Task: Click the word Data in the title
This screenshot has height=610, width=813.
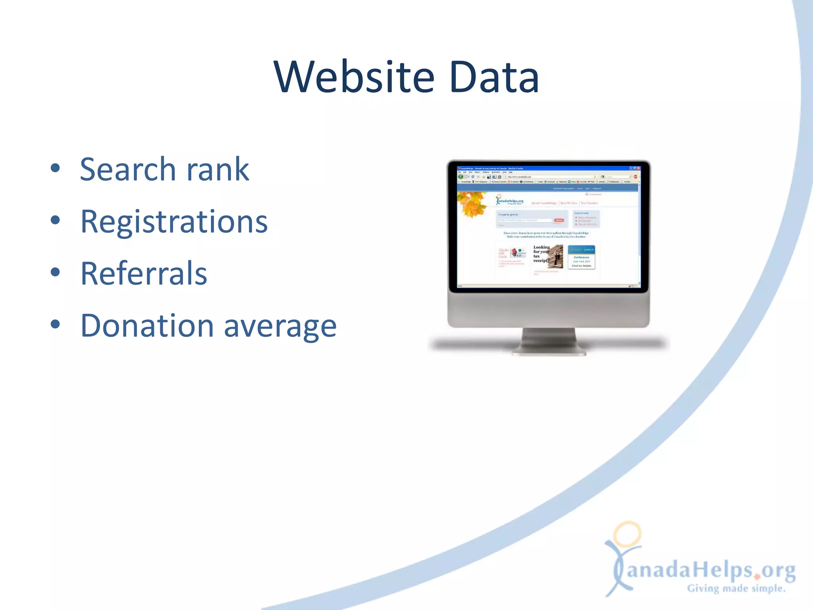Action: pos(494,77)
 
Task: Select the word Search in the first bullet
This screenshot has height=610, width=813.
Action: pos(127,170)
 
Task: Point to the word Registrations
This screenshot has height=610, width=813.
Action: pos(174,222)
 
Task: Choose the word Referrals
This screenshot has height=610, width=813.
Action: pos(144,274)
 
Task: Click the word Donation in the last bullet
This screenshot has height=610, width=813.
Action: pos(147,326)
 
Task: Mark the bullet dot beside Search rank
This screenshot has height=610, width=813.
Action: pos(56,168)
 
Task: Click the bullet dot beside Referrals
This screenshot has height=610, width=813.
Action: pos(56,272)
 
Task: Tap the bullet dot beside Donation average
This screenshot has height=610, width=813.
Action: pos(56,324)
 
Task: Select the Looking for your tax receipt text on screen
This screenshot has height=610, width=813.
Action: pos(541,254)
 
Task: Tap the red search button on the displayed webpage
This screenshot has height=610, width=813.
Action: pos(559,220)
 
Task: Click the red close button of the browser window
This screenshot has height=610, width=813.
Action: pos(639,168)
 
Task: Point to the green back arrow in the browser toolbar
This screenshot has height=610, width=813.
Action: pos(461,177)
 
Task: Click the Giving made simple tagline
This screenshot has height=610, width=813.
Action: pos(736,588)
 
